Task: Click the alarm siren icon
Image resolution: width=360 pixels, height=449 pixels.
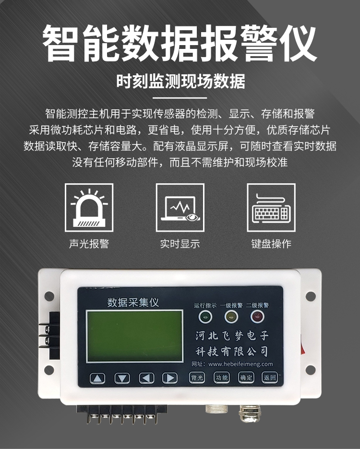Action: pos(89,208)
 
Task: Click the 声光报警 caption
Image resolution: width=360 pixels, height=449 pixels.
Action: pos(89,244)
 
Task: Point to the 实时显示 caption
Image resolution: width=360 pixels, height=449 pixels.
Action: pos(180,244)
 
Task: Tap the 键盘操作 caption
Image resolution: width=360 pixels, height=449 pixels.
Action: pos(271,244)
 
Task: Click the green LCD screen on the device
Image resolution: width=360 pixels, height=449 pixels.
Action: pos(134,336)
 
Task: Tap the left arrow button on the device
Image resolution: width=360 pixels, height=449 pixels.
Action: pos(146,378)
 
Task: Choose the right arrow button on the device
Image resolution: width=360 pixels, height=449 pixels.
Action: pos(170,378)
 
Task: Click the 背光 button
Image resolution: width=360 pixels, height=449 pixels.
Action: pos(197,378)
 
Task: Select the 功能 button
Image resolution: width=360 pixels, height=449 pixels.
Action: pos(222,378)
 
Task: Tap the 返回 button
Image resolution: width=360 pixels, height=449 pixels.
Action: pos(270,378)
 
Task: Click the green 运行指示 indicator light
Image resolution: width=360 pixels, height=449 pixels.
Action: pos(205,317)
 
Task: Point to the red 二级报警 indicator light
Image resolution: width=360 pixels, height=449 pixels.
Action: pos(257,317)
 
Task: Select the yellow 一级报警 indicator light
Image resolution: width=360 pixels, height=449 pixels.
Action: pos(231,317)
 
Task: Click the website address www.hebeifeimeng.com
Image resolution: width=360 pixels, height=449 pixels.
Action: pos(240,364)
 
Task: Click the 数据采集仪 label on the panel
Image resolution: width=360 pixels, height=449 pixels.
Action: pos(133,302)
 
